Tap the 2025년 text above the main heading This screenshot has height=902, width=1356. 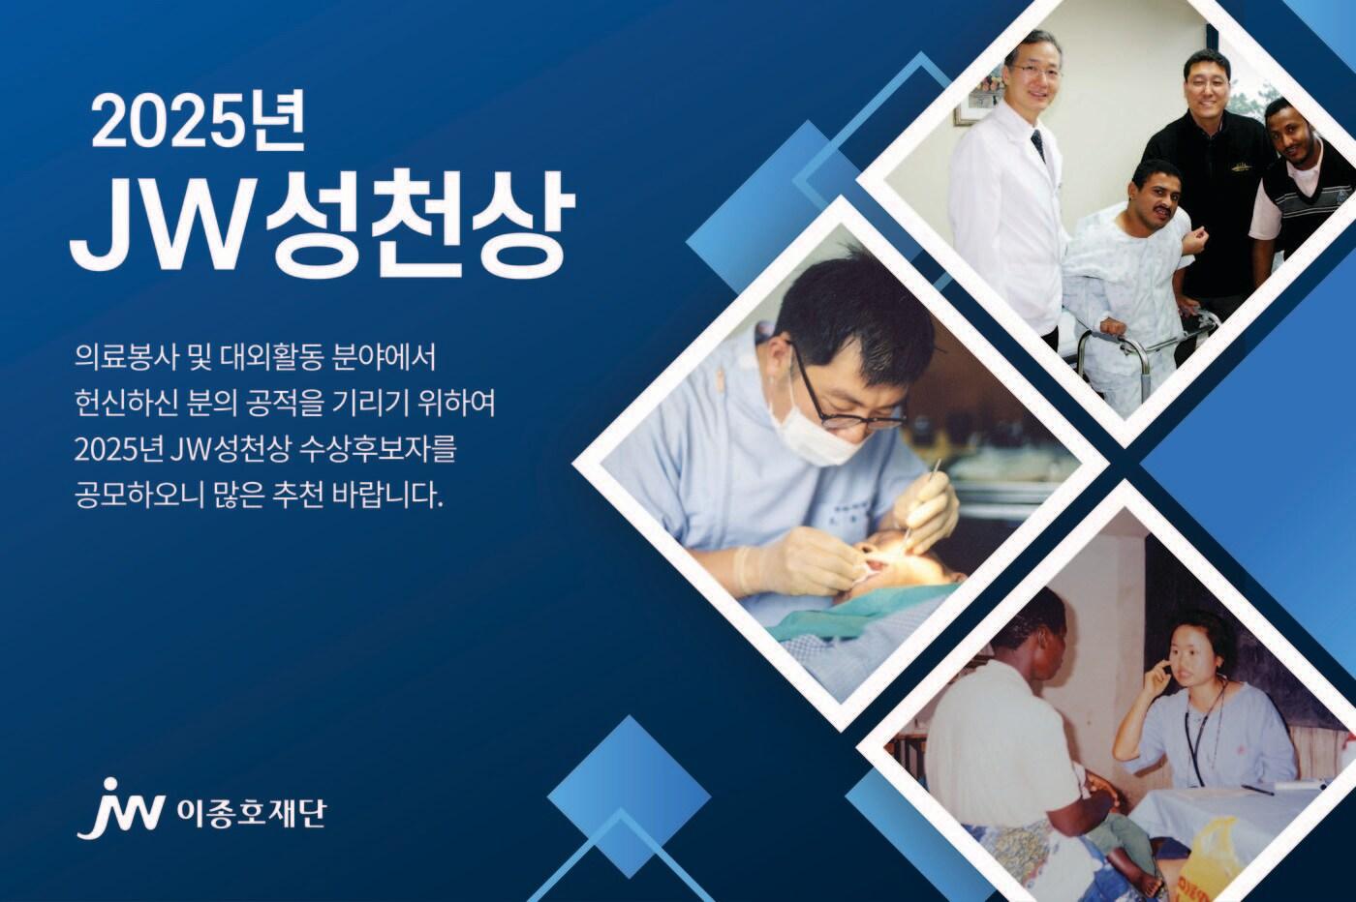(198, 124)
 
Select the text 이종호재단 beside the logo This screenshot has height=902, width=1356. (250, 814)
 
